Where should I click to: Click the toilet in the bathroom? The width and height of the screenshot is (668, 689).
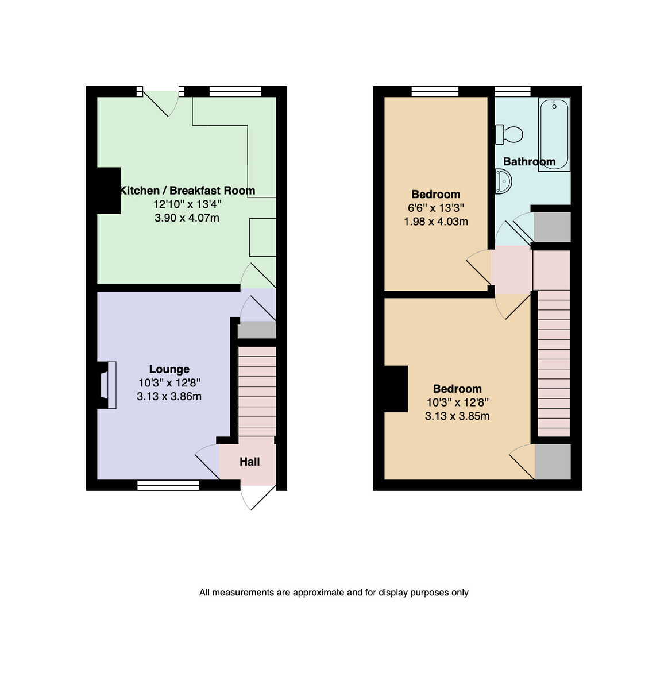tap(509, 134)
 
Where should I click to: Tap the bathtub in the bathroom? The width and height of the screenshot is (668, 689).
tap(554, 134)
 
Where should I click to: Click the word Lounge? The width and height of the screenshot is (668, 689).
tap(169, 369)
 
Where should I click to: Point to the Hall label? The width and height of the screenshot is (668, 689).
tap(249, 462)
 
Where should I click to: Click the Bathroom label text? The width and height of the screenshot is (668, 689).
tap(529, 162)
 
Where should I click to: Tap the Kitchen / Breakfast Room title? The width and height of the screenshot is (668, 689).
tap(187, 191)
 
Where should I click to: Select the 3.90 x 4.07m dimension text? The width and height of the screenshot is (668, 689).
tap(187, 218)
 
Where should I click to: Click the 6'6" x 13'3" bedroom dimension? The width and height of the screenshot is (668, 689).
tap(435, 208)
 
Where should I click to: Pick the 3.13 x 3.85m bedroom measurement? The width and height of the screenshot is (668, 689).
tap(457, 416)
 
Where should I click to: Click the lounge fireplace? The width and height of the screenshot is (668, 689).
tap(107, 385)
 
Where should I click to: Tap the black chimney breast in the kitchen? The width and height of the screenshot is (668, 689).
tap(109, 191)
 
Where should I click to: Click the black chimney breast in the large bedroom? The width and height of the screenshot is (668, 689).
tap(396, 389)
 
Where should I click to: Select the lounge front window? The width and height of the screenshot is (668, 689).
tap(168, 485)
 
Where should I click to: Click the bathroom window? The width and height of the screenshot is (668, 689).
tap(512, 91)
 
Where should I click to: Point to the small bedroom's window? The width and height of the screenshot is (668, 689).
tap(435, 91)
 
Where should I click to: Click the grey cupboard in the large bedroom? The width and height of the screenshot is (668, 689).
tap(552, 462)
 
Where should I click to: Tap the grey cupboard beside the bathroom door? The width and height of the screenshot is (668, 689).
tap(552, 227)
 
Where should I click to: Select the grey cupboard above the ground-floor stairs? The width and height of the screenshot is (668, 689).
tap(256, 330)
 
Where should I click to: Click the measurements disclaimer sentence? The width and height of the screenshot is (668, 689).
tap(334, 593)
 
